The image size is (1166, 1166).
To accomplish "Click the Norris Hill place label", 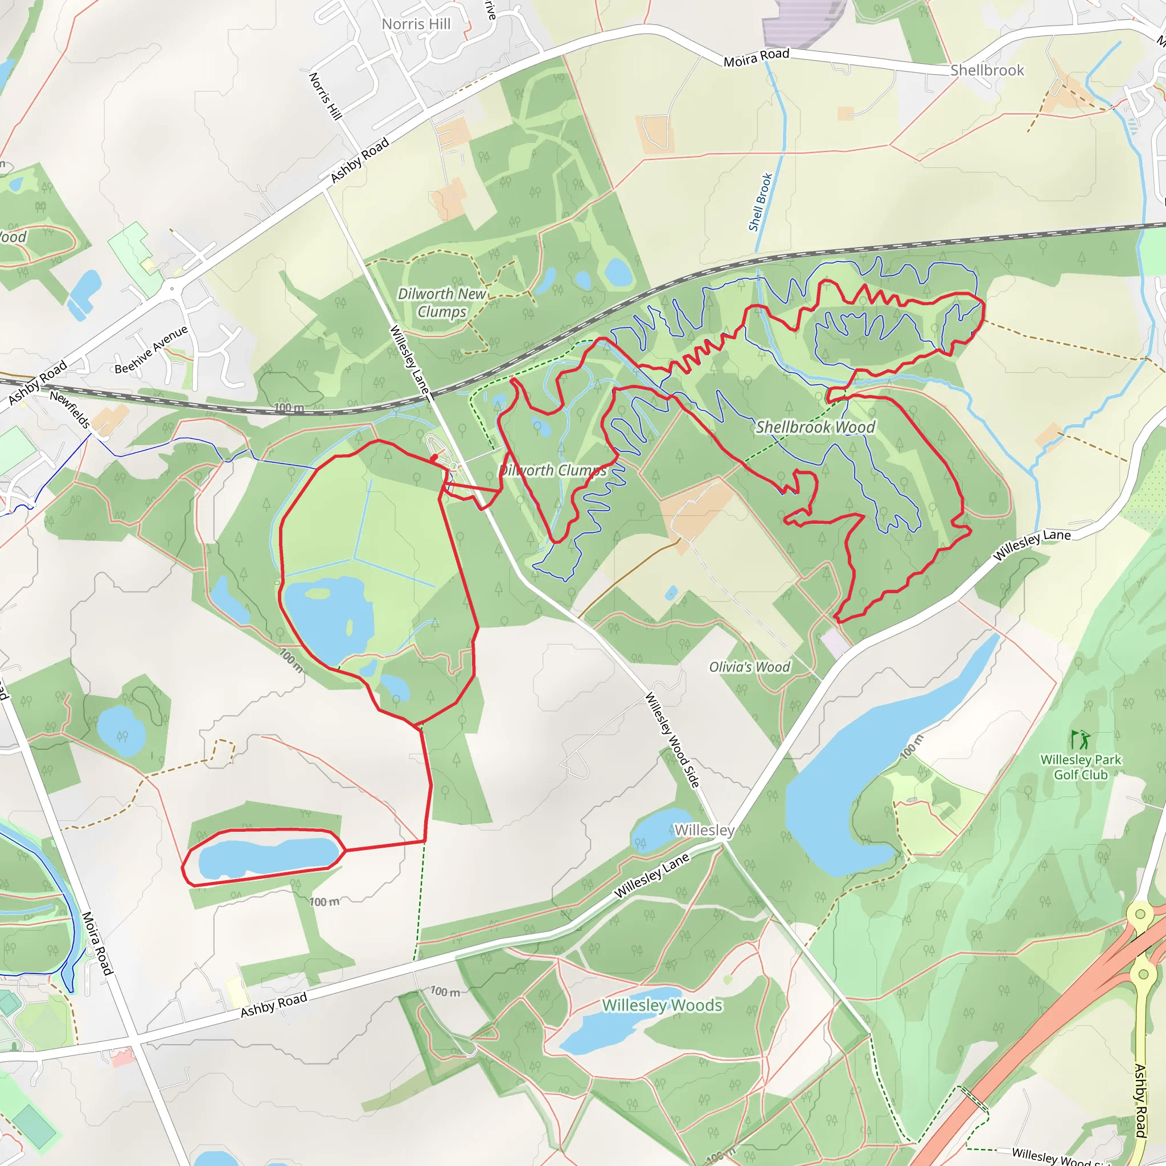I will pyautogui.click(x=416, y=24).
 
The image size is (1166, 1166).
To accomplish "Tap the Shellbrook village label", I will pyautogui.click(x=987, y=71).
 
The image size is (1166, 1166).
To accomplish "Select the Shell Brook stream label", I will pyautogui.click(x=761, y=202).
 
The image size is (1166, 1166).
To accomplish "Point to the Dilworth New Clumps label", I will pyautogui.click(x=442, y=302).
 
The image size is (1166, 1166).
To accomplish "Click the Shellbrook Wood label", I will pyautogui.click(x=815, y=428).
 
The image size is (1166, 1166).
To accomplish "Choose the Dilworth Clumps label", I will pyautogui.click(x=552, y=470).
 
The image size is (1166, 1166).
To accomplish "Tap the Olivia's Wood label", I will pyautogui.click(x=749, y=667).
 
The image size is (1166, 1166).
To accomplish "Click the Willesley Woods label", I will pyautogui.click(x=662, y=1005).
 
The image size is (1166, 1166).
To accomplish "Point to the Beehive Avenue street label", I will pyautogui.click(x=151, y=350).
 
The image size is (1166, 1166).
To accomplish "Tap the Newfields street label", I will pyautogui.click(x=70, y=409).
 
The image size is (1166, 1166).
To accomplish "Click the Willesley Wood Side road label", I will pyautogui.click(x=672, y=740).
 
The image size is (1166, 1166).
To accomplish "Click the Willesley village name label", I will pyautogui.click(x=704, y=831).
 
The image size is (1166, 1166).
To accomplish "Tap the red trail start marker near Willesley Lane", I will pyautogui.click(x=434, y=459).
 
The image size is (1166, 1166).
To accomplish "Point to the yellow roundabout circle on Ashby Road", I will pyautogui.click(x=1140, y=914).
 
